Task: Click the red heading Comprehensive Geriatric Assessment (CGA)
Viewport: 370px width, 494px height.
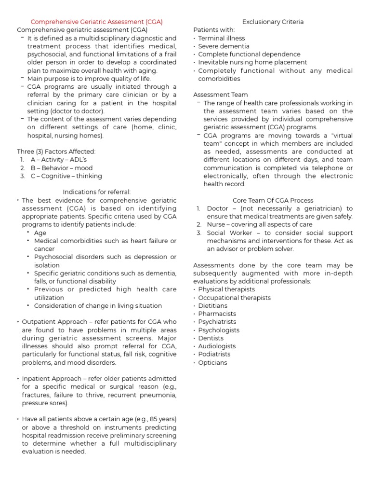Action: pyautogui.click(x=96, y=22)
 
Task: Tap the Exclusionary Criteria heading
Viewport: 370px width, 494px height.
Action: pyautogui.click(x=273, y=22)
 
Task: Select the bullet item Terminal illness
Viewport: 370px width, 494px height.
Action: pyautogui.click(x=221, y=38)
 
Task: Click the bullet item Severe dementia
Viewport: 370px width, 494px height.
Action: pyautogui.click(x=224, y=46)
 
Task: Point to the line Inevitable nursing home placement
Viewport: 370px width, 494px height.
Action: pyautogui.click(x=252, y=62)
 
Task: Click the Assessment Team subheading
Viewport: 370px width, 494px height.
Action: pyautogui.click(x=220, y=95)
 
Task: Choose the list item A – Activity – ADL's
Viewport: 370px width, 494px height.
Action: pyautogui.click(x=58, y=160)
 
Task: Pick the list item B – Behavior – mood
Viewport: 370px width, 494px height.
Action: pyautogui.click(x=61, y=168)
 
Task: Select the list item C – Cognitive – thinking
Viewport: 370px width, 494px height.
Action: pyautogui.click(x=66, y=176)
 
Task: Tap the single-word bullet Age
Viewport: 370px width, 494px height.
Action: pyautogui.click(x=40, y=233)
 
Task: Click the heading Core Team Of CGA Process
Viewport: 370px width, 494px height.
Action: pyautogui.click(x=273, y=200)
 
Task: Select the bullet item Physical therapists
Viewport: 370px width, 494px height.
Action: pyautogui.click(x=226, y=289)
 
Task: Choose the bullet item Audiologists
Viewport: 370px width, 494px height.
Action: pyautogui.click(x=217, y=346)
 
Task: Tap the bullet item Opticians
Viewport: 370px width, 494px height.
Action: pyautogui.click(x=212, y=362)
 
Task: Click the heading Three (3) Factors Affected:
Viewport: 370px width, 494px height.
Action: pyautogui.click(x=56, y=151)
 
